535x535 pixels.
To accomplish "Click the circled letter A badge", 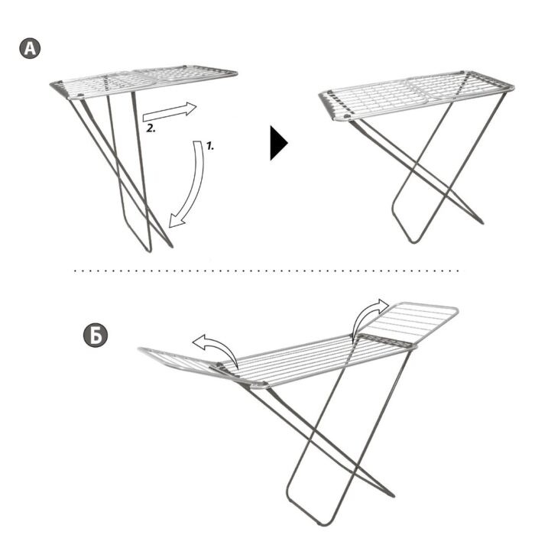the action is pos(30,48).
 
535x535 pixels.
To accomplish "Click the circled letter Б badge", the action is pos(96,336).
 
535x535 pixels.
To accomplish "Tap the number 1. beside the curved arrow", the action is pos(209,146).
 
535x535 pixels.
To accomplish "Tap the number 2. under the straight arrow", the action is pos(151,128).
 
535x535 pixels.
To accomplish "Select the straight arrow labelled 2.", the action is pos(170,111).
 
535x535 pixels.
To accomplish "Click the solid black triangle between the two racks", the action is pos(278,143).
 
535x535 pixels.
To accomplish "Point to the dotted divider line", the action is pos(267,271).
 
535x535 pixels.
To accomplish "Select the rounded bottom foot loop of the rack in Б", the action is pos(307,514).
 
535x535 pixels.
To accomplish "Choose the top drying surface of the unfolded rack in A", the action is pos(417,94).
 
